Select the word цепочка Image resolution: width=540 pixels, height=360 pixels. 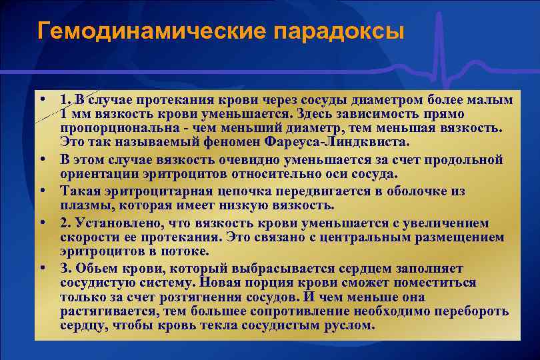[228, 191]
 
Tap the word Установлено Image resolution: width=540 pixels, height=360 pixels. [113, 223]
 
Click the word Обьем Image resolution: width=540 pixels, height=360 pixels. [93, 269]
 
